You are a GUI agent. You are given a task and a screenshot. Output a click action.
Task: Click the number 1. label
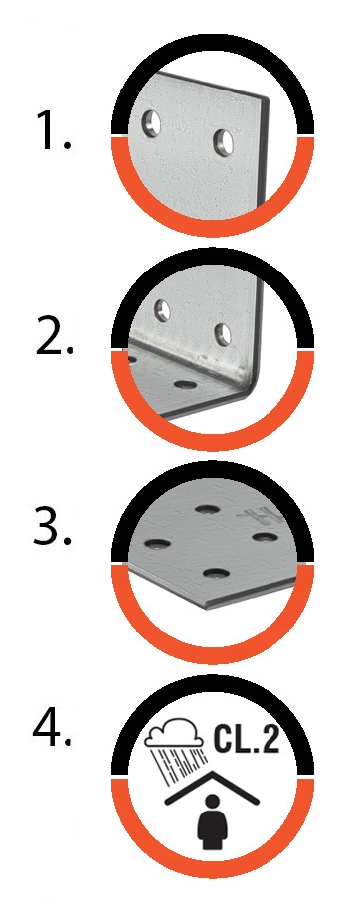[53, 131]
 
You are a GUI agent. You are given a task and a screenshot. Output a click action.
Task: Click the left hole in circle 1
[152, 123]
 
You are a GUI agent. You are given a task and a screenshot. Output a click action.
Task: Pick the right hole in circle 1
[224, 141]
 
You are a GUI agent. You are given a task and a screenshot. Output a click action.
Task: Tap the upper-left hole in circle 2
[163, 311]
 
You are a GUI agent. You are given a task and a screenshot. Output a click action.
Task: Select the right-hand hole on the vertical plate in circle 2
[223, 334]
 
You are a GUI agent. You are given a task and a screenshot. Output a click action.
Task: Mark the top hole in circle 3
[206, 509]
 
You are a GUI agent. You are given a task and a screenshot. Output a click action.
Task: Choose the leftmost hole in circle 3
[157, 543]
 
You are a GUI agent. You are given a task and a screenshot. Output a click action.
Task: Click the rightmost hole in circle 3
[265, 537]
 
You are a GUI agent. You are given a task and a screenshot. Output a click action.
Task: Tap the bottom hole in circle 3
[216, 573]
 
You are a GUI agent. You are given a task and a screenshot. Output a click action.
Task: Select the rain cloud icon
[173, 731]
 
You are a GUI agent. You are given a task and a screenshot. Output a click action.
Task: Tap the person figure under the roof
[213, 821]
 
